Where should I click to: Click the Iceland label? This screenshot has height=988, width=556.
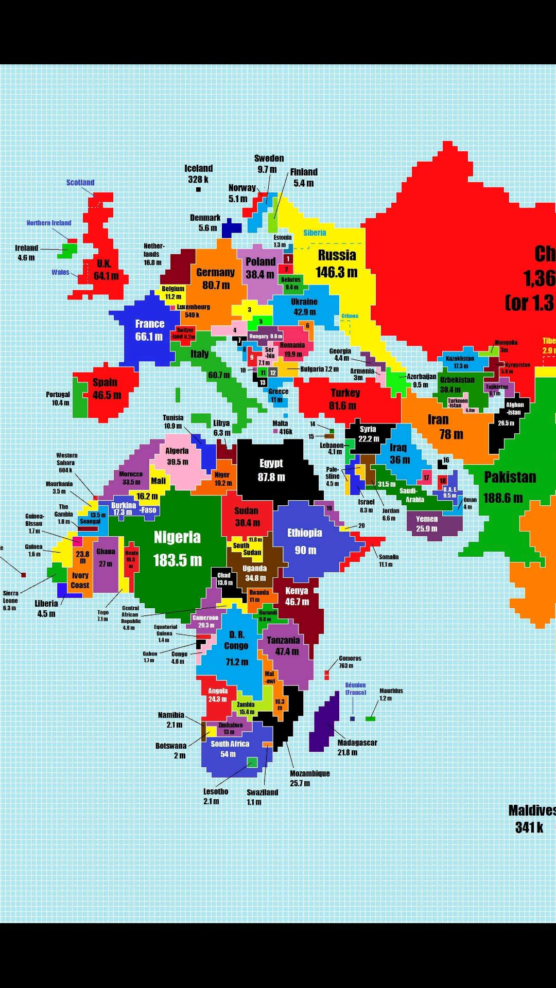tap(198, 168)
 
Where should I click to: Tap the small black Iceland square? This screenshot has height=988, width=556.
tap(198, 189)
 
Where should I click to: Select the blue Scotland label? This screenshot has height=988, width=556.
tap(80, 182)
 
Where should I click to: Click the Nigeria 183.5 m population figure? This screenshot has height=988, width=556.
tap(177, 560)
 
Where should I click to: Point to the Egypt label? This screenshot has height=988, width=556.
tap(271, 463)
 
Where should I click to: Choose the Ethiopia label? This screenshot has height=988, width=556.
tap(305, 533)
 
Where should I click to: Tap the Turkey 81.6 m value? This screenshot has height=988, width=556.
tap(342, 405)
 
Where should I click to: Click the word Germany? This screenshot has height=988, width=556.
tap(215, 272)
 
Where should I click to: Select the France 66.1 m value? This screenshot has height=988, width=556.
tap(149, 337)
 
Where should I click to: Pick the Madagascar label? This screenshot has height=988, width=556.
tap(357, 743)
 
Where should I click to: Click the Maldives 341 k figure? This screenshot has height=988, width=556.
tap(529, 827)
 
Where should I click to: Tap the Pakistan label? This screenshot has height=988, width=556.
tap(510, 477)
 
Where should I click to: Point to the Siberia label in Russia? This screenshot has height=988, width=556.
tap(315, 233)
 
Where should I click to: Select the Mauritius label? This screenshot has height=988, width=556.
tap(391, 691)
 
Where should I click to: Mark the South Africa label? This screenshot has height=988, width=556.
tap(230, 744)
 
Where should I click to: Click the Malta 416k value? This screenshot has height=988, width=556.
tap(286, 432)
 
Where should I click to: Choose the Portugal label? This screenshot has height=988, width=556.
tap(58, 394)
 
